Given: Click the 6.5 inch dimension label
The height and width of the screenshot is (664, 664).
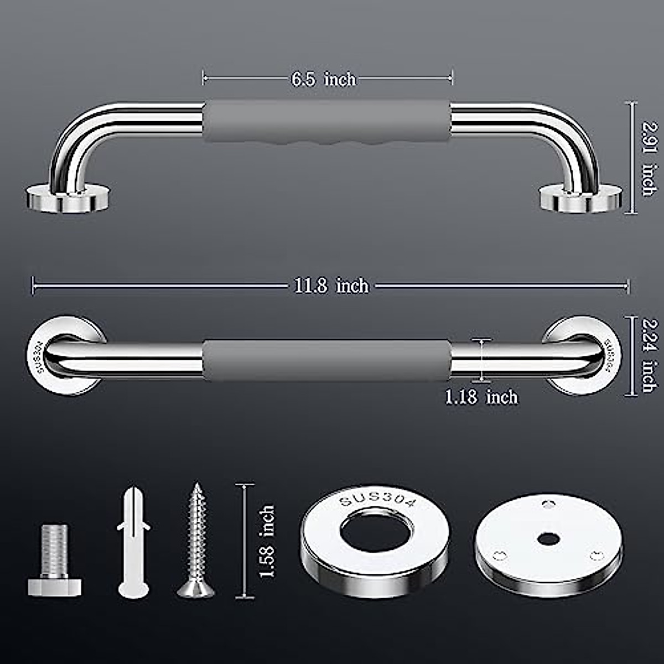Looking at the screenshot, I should click(x=324, y=80).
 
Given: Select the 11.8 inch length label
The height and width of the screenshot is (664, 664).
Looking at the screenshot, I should click(x=331, y=286).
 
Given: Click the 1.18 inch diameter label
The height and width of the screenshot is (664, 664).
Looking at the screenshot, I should click(x=481, y=397).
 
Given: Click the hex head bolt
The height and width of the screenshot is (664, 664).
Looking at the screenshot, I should click(x=55, y=560).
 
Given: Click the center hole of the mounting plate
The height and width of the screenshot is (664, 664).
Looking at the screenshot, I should click(x=548, y=537).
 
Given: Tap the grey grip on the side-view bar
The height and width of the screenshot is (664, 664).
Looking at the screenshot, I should click(x=326, y=360).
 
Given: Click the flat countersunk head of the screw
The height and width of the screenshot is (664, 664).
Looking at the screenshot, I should click(x=196, y=589).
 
